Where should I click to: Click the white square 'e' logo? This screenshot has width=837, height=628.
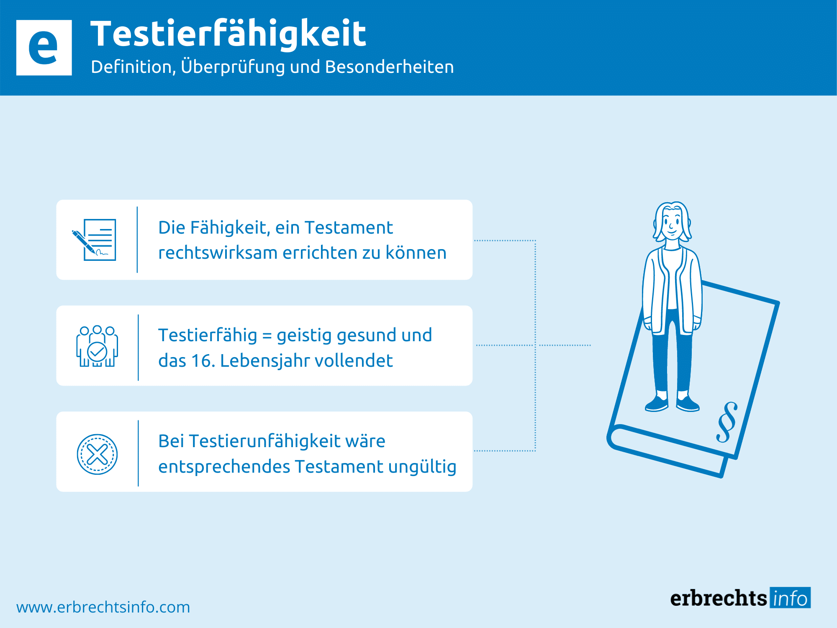(x=44, y=48)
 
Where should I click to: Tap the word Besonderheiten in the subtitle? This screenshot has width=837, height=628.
(x=389, y=67)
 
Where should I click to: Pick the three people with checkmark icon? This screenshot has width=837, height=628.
(x=97, y=346)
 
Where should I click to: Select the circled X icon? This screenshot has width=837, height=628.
(x=97, y=454)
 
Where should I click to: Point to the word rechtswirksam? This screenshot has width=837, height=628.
(x=218, y=253)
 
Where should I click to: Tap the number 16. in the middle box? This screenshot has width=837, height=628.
(x=203, y=361)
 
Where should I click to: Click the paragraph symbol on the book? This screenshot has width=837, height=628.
(x=727, y=422)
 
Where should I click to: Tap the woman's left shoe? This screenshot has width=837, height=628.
(x=687, y=403)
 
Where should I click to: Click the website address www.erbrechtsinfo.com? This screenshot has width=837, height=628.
(x=103, y=607)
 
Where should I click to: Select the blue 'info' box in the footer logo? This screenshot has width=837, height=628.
(x=790, y=598)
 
